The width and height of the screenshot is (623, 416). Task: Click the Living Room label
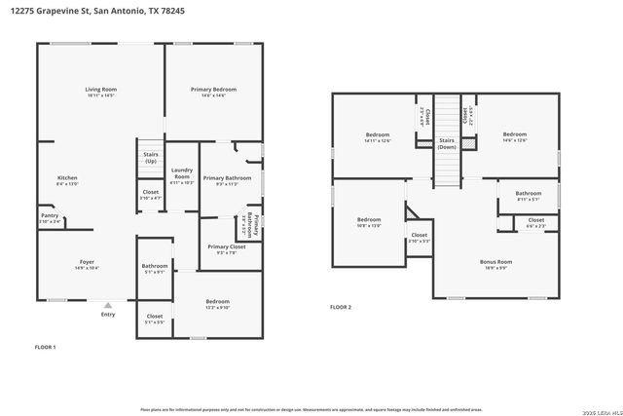(100, 90)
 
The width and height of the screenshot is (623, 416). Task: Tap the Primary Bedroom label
(212, 90)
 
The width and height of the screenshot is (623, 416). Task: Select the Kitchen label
(67, 178)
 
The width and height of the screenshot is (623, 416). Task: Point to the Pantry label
(49, 217)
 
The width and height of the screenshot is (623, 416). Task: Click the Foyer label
(87, 262)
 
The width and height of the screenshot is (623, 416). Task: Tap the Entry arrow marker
(108, 305)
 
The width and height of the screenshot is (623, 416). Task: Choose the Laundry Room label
(182, 177)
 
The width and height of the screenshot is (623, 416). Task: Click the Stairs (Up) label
(150, 157)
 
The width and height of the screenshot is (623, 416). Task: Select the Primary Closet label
(226, 247)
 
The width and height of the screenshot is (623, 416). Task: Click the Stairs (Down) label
(446, 143)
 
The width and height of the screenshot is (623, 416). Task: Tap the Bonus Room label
(495, 262)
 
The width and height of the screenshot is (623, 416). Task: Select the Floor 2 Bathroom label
(529, 194)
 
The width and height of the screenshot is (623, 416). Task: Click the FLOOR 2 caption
(340, 307)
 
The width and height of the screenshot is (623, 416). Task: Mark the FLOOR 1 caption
(46, 347)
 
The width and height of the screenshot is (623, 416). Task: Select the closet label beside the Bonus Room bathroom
(535, 221)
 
